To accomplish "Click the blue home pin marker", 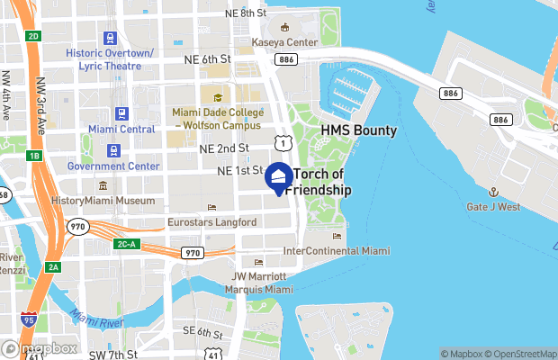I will click(278, 177).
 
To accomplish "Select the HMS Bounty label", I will click(359, 131).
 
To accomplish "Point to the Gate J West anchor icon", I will click(493, 192).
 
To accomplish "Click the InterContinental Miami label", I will click(337, 250).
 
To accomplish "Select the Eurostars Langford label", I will click(212, 221).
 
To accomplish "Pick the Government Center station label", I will click(113, 166).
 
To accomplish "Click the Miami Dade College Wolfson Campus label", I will click(219, 119).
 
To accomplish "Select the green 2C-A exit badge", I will click(126, 243).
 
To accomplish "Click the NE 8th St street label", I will click(247, 13).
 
